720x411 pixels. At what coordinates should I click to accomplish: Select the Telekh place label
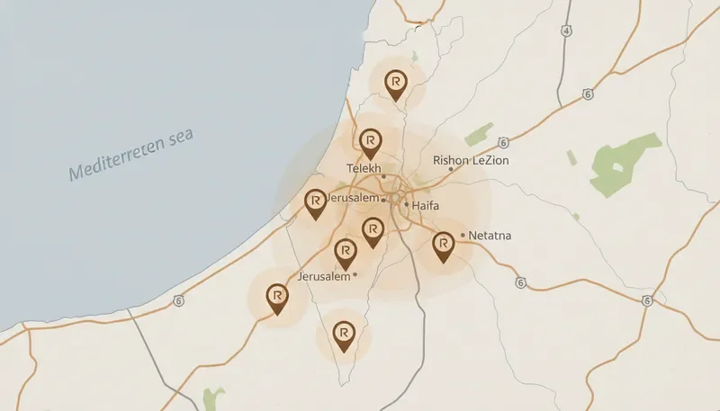364,168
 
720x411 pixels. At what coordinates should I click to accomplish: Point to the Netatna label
490,236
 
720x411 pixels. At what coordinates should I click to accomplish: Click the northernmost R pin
394,83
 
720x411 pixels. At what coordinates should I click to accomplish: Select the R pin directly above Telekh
370,141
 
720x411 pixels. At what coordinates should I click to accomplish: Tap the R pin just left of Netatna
443,244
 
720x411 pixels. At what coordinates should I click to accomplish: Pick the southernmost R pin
342,335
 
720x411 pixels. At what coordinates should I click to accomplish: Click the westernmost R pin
277,296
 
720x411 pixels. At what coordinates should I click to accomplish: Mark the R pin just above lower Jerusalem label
345,251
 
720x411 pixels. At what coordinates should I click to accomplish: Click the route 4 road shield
565,31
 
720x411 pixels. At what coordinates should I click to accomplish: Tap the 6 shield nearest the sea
180,299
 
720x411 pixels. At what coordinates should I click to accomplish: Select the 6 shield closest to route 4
587,94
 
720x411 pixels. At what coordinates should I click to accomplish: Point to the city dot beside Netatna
463,236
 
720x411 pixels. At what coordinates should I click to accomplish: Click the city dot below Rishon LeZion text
451,169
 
